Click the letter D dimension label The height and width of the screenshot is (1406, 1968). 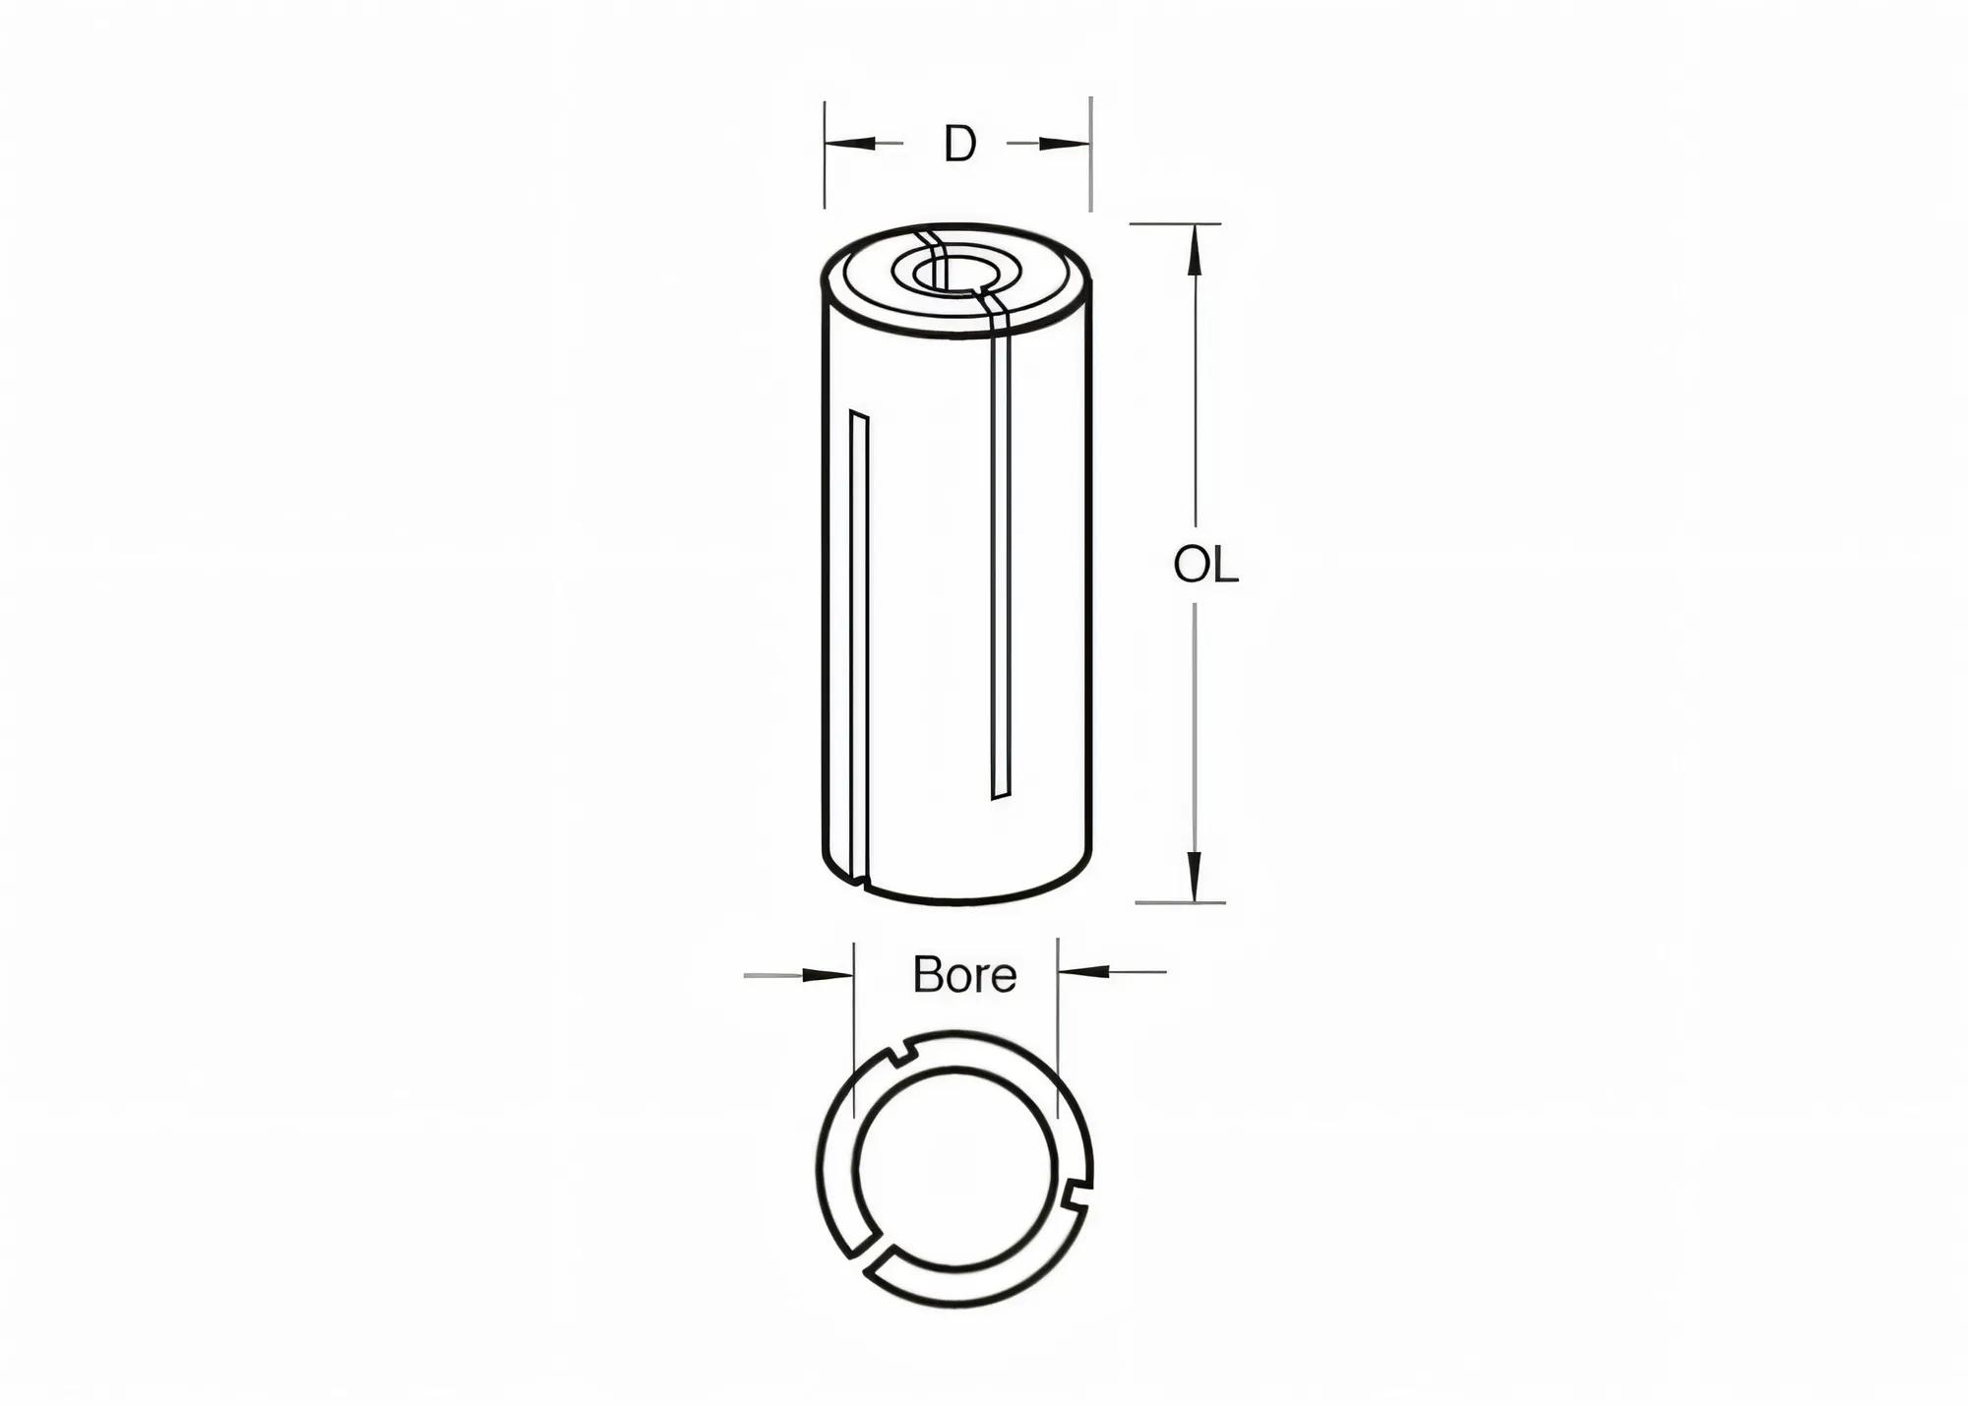[x=959, y=145]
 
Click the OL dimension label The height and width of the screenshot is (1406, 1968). [x=1205, y=566]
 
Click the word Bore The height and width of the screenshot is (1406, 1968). [x=964, y=975]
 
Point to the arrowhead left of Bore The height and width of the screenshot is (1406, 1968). [x=828, y=975]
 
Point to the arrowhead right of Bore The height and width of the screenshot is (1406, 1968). [x=1083, y=971]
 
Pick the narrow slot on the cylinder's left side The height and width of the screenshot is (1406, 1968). [x=859, y=640]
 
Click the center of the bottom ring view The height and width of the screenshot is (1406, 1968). [x=953, y=1167]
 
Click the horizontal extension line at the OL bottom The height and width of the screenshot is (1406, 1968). [x=1180, y=902]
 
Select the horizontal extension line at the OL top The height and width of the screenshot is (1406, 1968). [x=1175, y=223]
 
